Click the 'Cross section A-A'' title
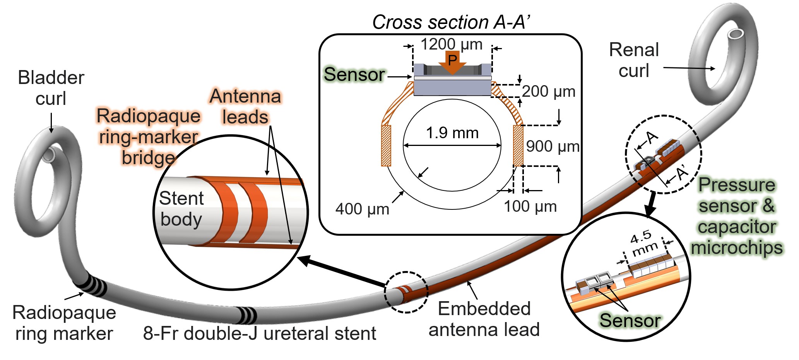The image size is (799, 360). [451, 22]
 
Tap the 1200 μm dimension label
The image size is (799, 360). [451, 44]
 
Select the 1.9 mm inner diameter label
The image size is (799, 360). [452, 133]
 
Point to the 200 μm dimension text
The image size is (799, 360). [548, 92]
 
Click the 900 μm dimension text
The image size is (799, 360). [552, 147]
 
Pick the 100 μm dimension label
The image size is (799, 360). [530, 207]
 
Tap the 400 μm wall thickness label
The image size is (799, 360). [362, 209]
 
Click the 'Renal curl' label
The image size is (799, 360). [634, 60]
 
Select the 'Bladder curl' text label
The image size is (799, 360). [51, 88]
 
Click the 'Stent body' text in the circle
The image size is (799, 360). [181, 209]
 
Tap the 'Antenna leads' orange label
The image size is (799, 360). [245, 106]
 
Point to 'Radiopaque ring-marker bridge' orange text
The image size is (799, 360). [149, 137]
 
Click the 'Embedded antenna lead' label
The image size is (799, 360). [484, 319]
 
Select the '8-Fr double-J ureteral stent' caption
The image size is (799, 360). [259, 333]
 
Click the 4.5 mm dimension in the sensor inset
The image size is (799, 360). [644, 243]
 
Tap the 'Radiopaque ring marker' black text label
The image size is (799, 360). [64, 323]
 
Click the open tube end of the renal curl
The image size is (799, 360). [735, 34]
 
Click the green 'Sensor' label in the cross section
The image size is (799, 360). [354, 74]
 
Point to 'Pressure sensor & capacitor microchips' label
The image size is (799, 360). [737, 216]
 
